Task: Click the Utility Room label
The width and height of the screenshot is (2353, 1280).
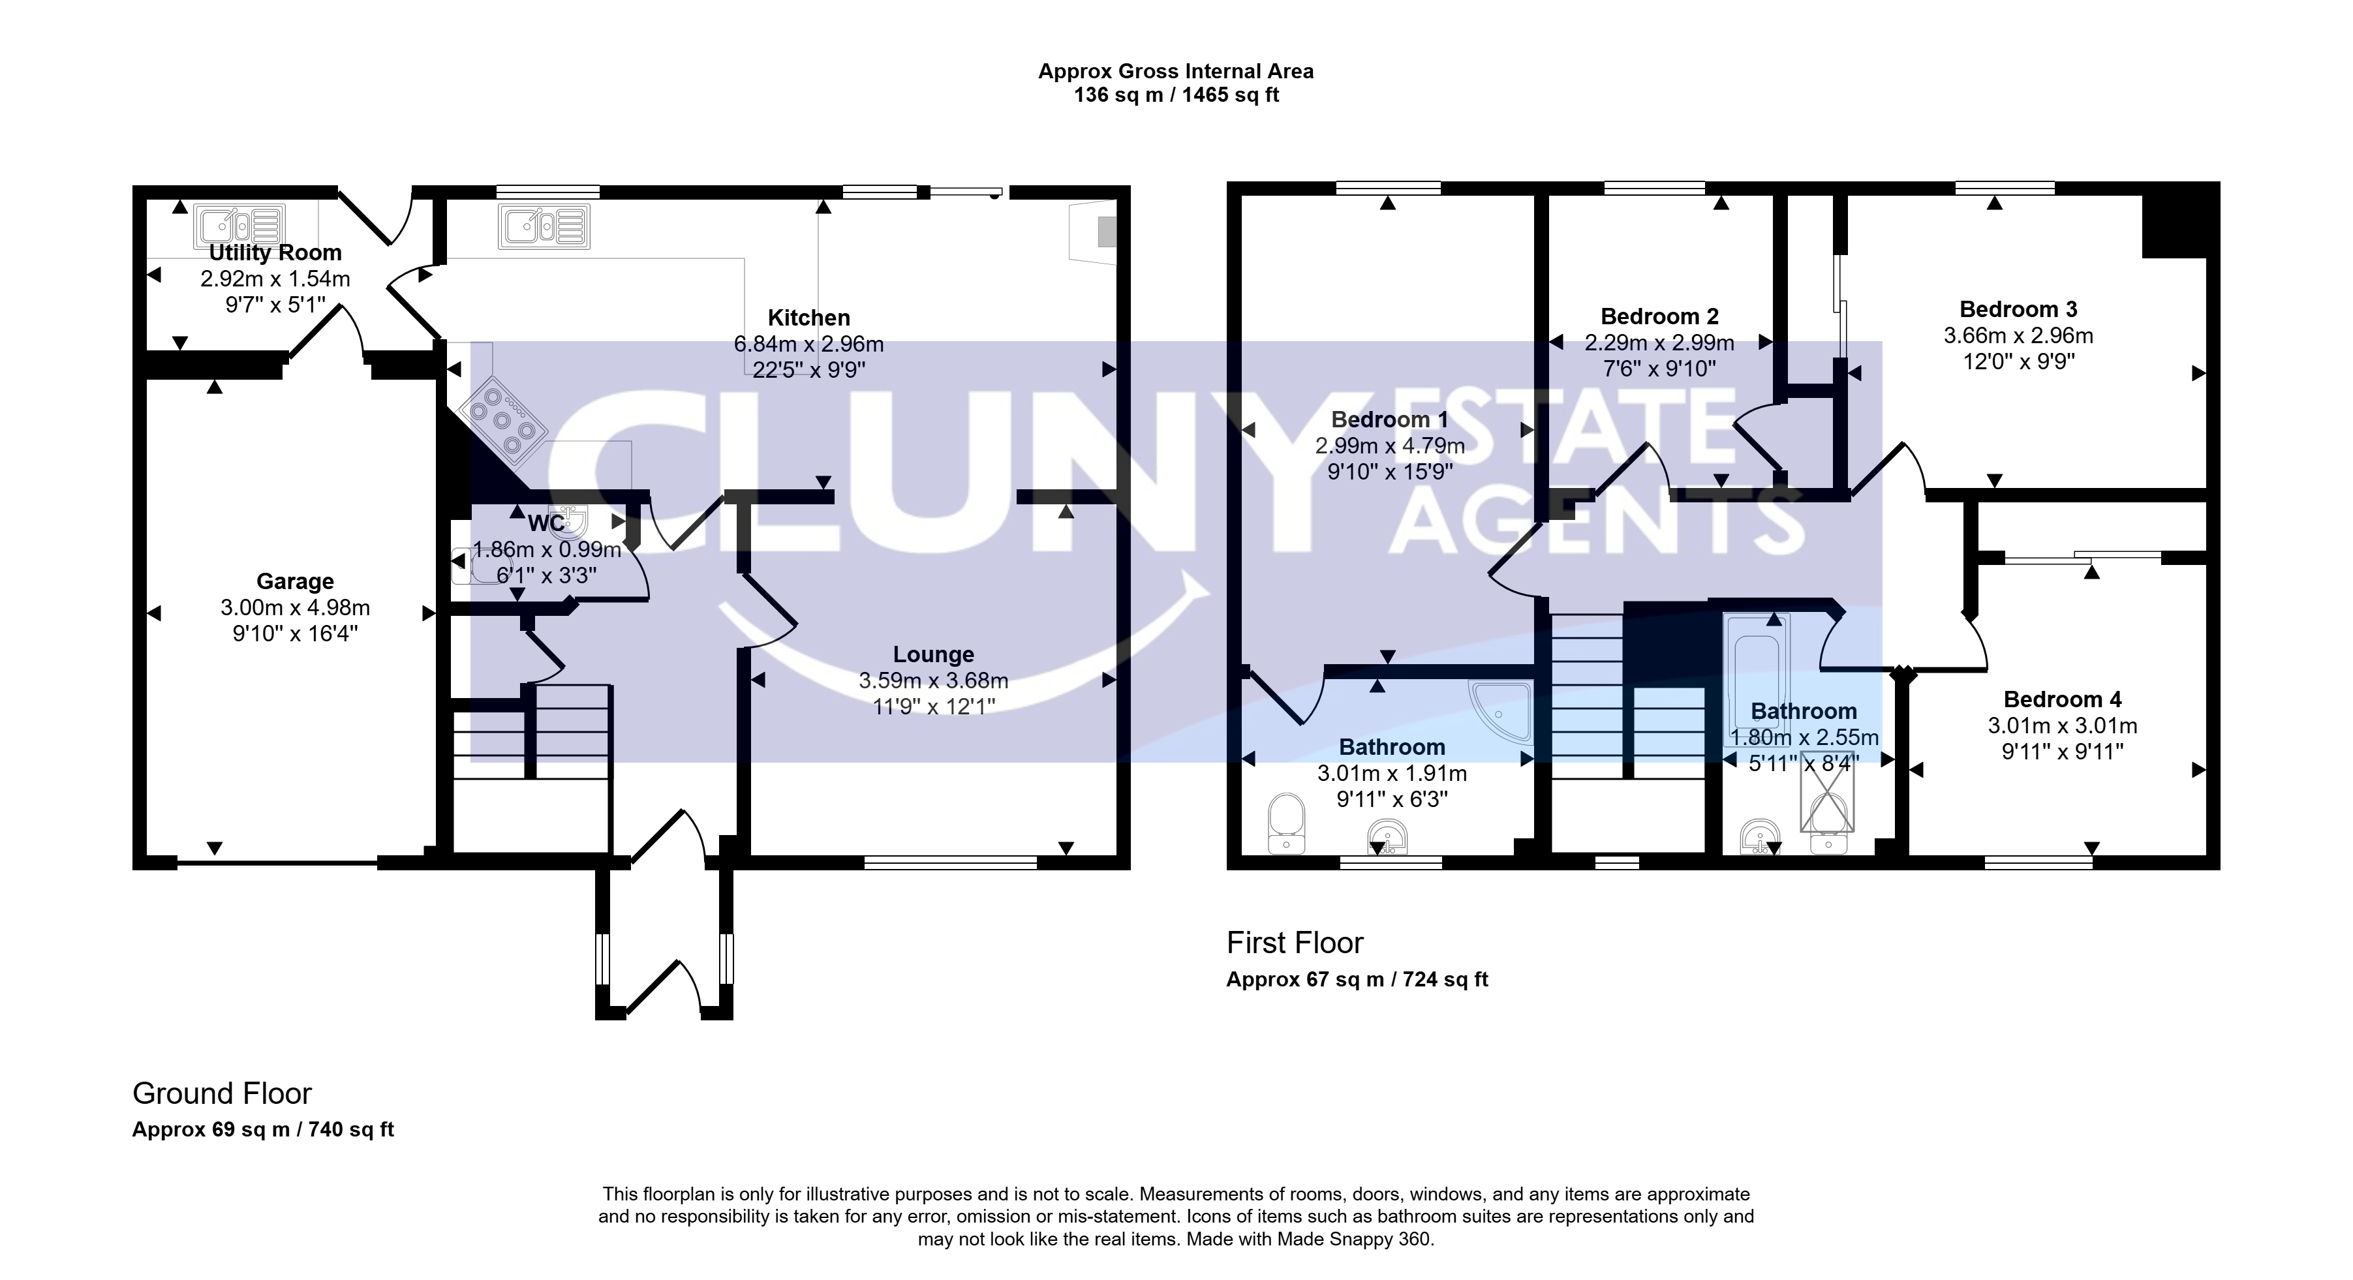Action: [275, 253]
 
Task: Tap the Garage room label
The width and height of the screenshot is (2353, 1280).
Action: [295, 581]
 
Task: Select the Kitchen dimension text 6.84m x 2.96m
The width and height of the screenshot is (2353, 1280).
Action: [808, 344]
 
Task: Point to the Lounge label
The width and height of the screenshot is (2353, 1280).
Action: [934, 654]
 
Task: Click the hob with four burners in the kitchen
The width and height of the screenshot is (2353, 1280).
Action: [503, 418]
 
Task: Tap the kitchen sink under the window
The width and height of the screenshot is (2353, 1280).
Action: [544, 226]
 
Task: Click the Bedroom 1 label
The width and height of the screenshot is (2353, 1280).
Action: [1389, 420]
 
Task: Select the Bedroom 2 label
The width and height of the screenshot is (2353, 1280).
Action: [1660, 317]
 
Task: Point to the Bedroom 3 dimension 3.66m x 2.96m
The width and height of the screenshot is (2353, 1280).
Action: [2019, 336]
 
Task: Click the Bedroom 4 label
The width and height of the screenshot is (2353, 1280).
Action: [2063, 700]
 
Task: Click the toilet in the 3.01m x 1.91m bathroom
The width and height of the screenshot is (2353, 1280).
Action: [1286, 823]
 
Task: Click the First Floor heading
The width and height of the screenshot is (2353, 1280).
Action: [1295, 942]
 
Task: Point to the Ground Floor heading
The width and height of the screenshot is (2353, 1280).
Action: [222, 1093]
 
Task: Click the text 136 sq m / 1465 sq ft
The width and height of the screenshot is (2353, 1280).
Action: [1176, 95]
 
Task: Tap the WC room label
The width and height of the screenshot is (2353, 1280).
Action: [546, 524]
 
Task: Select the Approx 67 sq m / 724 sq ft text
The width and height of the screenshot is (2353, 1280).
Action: [1357, 980]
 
